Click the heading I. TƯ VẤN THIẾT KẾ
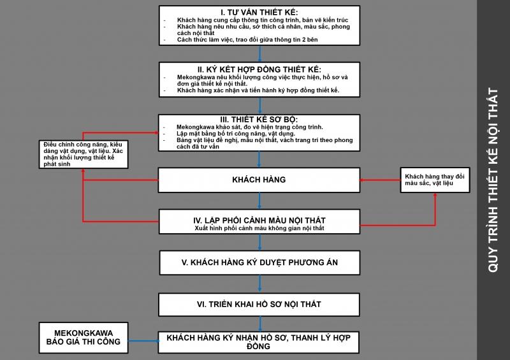(x=259, y=12)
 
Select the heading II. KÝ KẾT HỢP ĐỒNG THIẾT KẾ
(x=259, y=69)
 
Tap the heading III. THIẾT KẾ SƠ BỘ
(x=259, y=119)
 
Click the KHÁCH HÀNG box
(x=259, y=180)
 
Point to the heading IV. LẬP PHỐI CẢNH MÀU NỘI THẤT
(x=259, y=220)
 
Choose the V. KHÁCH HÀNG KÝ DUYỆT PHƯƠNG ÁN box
(x=259, y=262)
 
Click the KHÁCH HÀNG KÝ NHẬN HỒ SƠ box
(x=259, y=342)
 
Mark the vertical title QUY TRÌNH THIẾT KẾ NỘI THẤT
(x=493, y=180)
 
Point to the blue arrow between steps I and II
(x=259, y=54)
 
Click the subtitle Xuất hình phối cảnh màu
(x=259, y=228)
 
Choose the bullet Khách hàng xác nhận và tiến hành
(x=258, y=91)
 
